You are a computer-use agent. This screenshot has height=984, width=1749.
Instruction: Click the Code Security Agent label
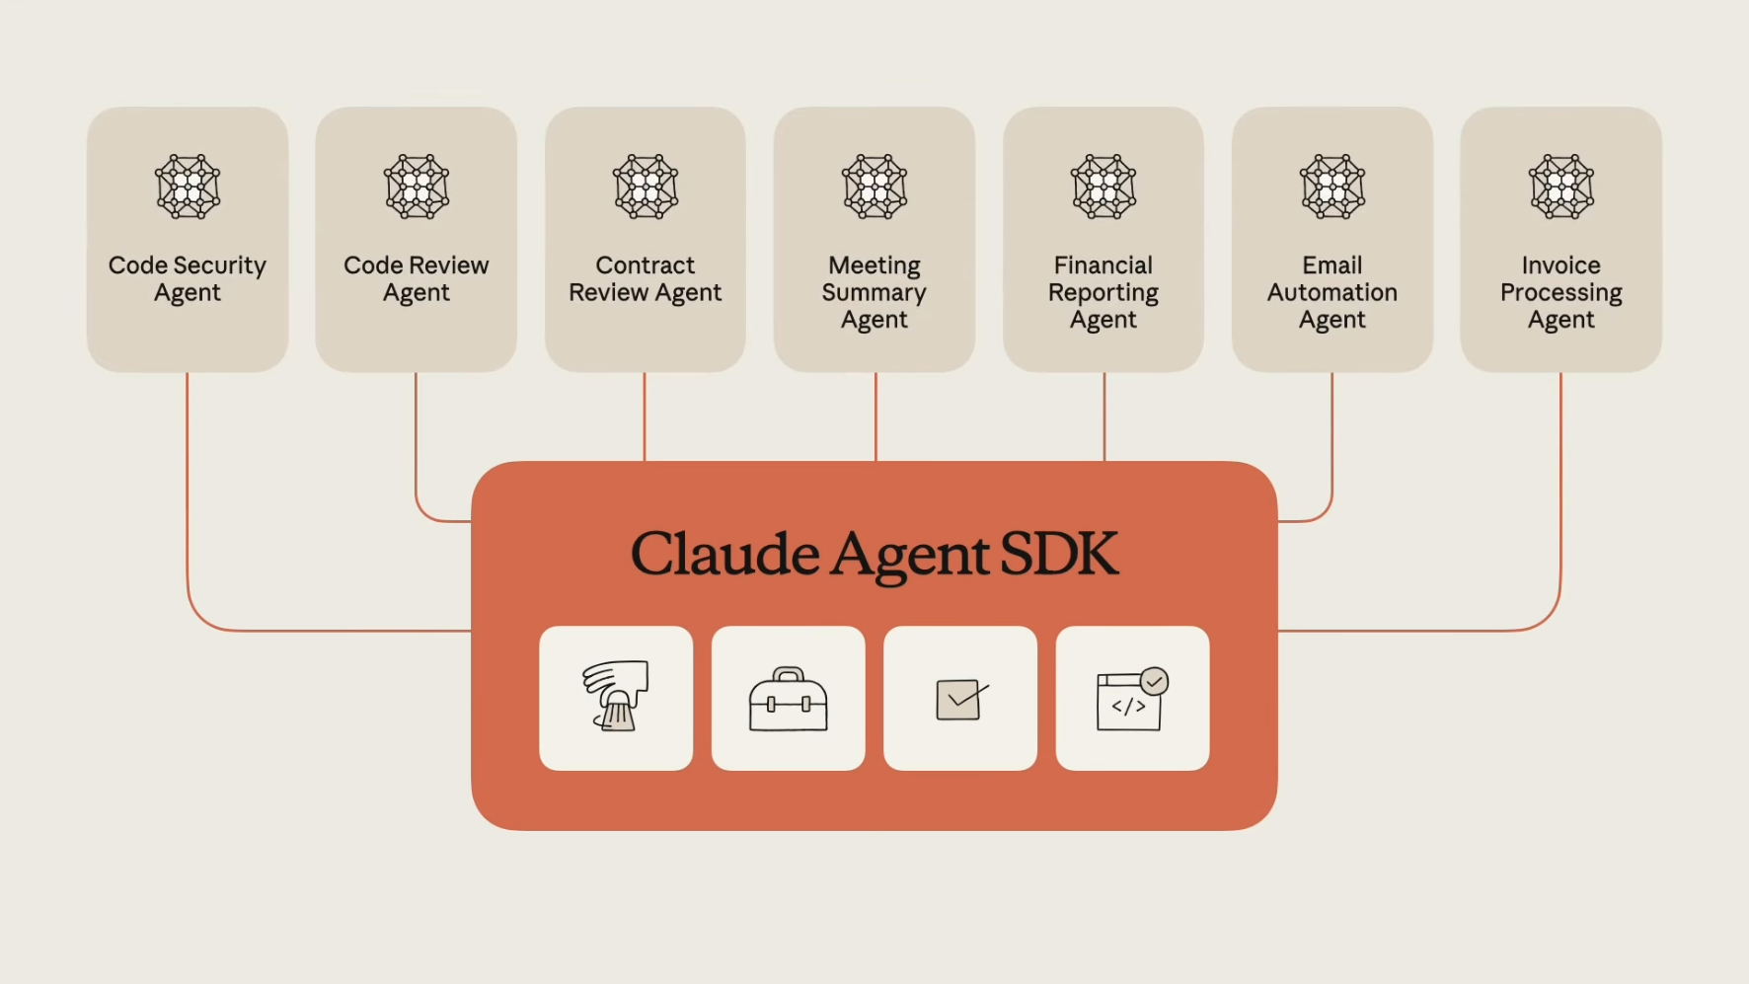coord(188,279)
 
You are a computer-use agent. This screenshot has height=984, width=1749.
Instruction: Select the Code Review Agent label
coord(416,279)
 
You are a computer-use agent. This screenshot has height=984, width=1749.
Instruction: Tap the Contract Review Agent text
coord(646,279)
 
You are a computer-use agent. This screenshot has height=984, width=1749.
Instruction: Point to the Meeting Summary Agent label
coord(874,292)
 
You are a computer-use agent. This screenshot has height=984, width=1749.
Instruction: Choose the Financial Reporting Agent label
coord(1103,292)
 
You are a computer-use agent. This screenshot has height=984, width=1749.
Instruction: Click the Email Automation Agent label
coord(1332,292)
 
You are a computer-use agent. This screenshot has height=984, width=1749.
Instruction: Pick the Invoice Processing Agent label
coord(1561,292)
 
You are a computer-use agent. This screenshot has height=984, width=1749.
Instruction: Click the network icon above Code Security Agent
coord(188,187)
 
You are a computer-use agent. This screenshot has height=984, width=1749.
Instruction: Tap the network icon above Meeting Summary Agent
coord(874,187)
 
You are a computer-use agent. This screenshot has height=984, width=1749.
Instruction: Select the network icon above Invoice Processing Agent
coord(1561,187)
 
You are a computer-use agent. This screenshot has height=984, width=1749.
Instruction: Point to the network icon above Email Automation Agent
coord(1332,187)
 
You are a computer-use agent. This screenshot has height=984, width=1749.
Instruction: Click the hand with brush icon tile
coord(616,698)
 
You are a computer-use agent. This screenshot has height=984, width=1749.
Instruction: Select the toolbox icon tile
coord(789,698)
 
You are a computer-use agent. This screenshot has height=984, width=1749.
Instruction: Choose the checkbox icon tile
coord(960,698)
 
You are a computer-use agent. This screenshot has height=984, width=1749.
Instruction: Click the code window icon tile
coord(1132,698)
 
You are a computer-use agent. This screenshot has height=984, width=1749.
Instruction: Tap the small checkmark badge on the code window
coord(1154,681)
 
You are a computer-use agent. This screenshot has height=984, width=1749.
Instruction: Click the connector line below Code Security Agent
coord(188,493)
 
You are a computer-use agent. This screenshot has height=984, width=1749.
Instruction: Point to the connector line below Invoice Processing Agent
coord(1560,493)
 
